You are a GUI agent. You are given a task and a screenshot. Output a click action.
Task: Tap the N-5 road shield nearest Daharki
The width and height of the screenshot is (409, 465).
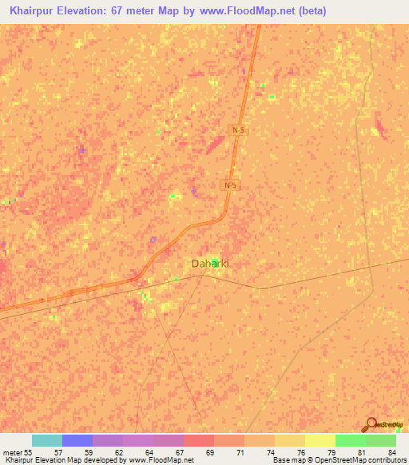(230, 185)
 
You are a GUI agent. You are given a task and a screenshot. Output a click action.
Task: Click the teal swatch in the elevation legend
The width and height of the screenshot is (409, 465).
(47, 440)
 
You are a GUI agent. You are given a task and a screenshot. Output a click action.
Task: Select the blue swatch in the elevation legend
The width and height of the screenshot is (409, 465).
(77, 440)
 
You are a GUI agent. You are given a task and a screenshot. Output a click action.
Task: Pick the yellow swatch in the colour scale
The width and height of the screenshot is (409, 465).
(320, 440)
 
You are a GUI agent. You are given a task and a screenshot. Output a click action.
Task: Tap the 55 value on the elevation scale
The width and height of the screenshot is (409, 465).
(29, 452)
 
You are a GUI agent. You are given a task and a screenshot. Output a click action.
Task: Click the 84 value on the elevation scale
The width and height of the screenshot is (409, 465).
(380, 452)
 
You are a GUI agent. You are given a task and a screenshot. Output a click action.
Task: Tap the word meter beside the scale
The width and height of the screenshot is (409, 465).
(11, 452)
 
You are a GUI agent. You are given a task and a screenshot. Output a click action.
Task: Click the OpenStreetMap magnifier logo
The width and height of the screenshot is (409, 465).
(370, 424)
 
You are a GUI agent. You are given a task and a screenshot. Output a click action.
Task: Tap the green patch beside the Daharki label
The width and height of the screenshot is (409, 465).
(216, 262)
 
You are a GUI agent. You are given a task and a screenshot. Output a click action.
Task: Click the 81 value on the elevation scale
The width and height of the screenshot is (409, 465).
(351, 452)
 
